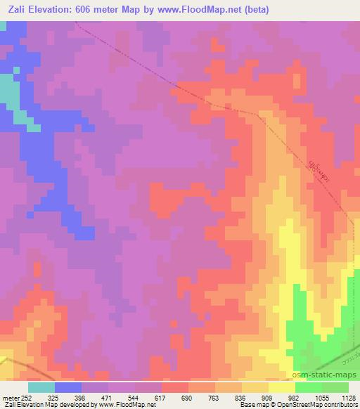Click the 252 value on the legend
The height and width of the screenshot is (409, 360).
(x=27, y=397)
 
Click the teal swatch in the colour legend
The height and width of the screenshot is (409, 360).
(x=41, y=387)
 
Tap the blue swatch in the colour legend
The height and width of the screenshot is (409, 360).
(x=68, y=387)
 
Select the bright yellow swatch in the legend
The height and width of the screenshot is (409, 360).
(x=282, y=387)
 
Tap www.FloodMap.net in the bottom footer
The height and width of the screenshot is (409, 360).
(x=120, y=405)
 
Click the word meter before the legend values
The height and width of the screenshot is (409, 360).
(x=10, y=397)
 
